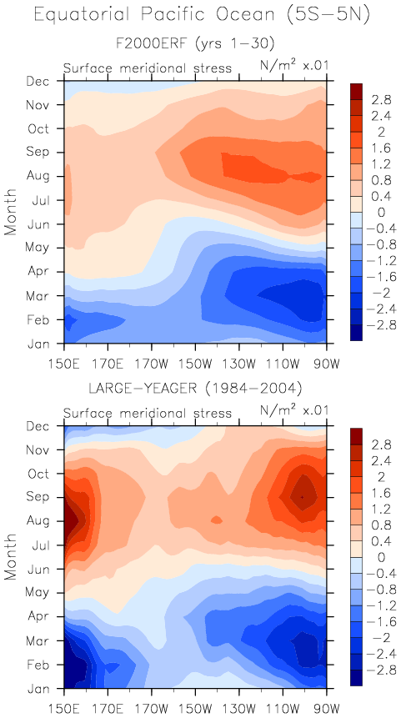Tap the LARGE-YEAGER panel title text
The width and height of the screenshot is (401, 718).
coord(195,389)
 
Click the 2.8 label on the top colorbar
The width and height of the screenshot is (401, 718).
coord(375,100)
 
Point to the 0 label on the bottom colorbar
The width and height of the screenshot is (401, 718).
coord(370,558)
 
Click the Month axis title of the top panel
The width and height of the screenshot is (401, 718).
coord(11,211)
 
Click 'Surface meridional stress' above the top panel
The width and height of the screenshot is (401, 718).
coord(148,68)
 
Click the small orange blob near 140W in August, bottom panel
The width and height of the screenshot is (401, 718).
coord(217,520)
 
